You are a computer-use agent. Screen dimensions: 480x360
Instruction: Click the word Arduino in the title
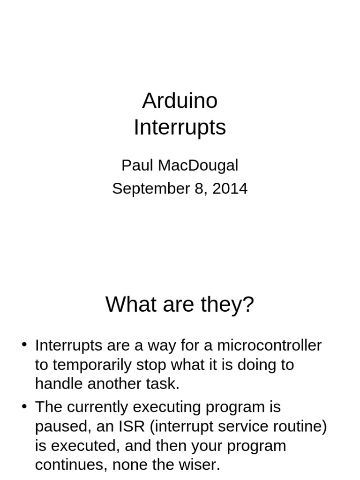tap(180, 101)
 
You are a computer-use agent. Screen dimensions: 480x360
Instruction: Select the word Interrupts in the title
tap(180, 127)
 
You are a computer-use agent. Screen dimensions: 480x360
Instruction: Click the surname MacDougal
tap(198, 165)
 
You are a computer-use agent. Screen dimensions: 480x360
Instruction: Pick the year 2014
tap(230, 188)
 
